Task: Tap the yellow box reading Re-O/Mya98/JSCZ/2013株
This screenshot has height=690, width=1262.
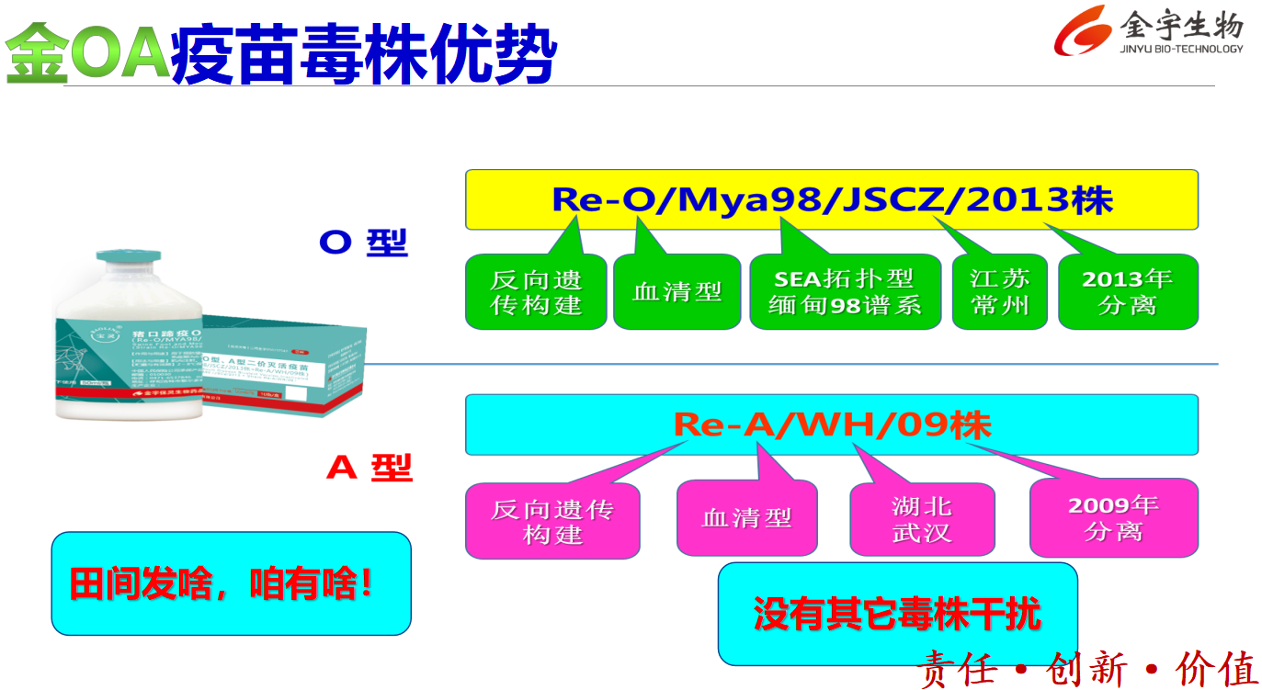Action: click(x=831, y=199)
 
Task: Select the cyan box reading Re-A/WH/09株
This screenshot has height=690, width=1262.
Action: click(x=831, y=424)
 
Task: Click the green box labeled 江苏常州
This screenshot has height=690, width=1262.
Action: click(x=1000, y=292)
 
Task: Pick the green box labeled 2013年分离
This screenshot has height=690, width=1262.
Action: click(x=1128, y=292)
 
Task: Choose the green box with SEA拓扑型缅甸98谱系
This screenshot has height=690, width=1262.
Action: click(x=845, y=292)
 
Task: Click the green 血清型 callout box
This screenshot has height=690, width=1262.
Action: click(x=676, y=292)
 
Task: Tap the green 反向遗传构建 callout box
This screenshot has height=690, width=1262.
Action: click(x=536, y=292)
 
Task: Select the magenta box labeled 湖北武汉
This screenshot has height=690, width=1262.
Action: click(x=921, y=519)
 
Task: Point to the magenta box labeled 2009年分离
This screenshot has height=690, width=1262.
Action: click(x=1113, y=518)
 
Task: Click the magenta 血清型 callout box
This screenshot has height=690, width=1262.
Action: click(x=746, y=518)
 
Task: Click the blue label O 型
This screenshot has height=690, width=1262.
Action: click(x=363, y=243)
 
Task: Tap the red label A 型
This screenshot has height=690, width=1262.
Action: click(x=370, y=468)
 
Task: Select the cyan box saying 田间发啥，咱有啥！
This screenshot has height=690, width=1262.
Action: click(x=231, y=583)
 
